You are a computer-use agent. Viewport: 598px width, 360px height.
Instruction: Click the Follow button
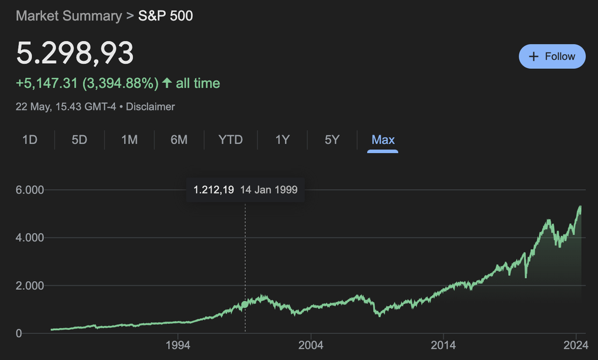point(552,57)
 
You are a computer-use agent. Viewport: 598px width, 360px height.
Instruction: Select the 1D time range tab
point(29,140)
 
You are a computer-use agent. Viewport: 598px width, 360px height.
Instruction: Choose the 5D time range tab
point(79,140)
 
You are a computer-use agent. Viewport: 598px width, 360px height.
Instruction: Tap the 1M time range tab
point(129,140)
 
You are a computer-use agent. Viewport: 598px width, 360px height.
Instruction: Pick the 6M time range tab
point(179,140)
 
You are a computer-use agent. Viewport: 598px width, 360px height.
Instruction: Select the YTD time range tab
point(230,140)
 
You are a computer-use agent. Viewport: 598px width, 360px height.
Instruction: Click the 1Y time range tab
point(282,140)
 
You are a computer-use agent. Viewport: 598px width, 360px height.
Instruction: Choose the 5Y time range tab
point(332,140)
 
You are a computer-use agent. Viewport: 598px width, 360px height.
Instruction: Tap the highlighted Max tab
point(383,140)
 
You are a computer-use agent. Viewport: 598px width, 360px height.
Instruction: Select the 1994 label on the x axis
point(178,345)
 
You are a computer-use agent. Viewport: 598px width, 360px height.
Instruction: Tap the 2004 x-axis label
point(311,345)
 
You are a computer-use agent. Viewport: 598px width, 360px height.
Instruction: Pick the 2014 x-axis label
point(444,345)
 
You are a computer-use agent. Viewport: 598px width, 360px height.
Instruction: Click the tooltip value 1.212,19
point(214,190)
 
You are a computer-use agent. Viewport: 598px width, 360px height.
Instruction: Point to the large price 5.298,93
point(75,54)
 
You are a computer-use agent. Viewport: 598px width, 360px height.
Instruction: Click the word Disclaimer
point(151,107)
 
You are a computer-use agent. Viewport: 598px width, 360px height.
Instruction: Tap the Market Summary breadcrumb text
point(68,16)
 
